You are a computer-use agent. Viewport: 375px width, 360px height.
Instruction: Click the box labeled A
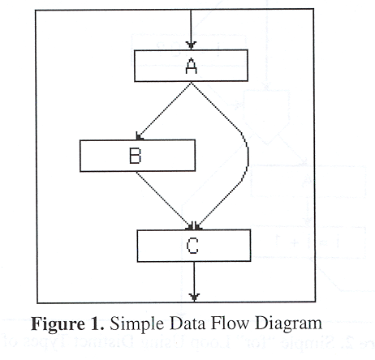click(162, 66)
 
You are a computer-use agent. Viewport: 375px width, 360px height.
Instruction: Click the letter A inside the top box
click(192, 66)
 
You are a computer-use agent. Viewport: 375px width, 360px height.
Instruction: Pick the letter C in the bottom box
click(193, 245)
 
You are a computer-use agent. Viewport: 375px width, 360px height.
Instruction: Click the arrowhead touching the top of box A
click(191, 46)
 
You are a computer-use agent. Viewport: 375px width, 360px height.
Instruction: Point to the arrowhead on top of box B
click(140, 137)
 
